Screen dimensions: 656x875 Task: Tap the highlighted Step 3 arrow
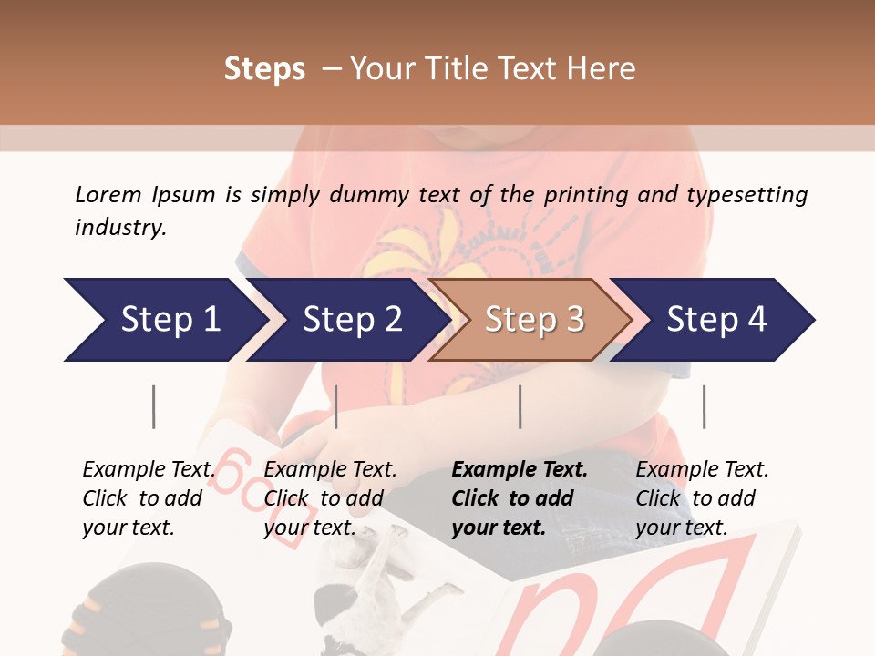point(534,320)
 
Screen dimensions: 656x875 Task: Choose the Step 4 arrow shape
point(716,320)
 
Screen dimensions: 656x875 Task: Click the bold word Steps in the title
point(264,69)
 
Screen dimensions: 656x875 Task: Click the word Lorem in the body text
point(108,194)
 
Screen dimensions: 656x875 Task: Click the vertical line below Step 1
point(154,406)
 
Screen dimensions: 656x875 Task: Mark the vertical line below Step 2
point(336,406)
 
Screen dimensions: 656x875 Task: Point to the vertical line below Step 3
point(520,406)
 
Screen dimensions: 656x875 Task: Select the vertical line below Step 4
point(704,406)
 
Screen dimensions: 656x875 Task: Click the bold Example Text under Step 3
point(520,470)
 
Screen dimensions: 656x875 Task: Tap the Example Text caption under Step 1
point(149,470)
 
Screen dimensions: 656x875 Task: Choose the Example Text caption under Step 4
point(702,470)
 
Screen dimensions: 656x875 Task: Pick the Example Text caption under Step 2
point(330,470)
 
